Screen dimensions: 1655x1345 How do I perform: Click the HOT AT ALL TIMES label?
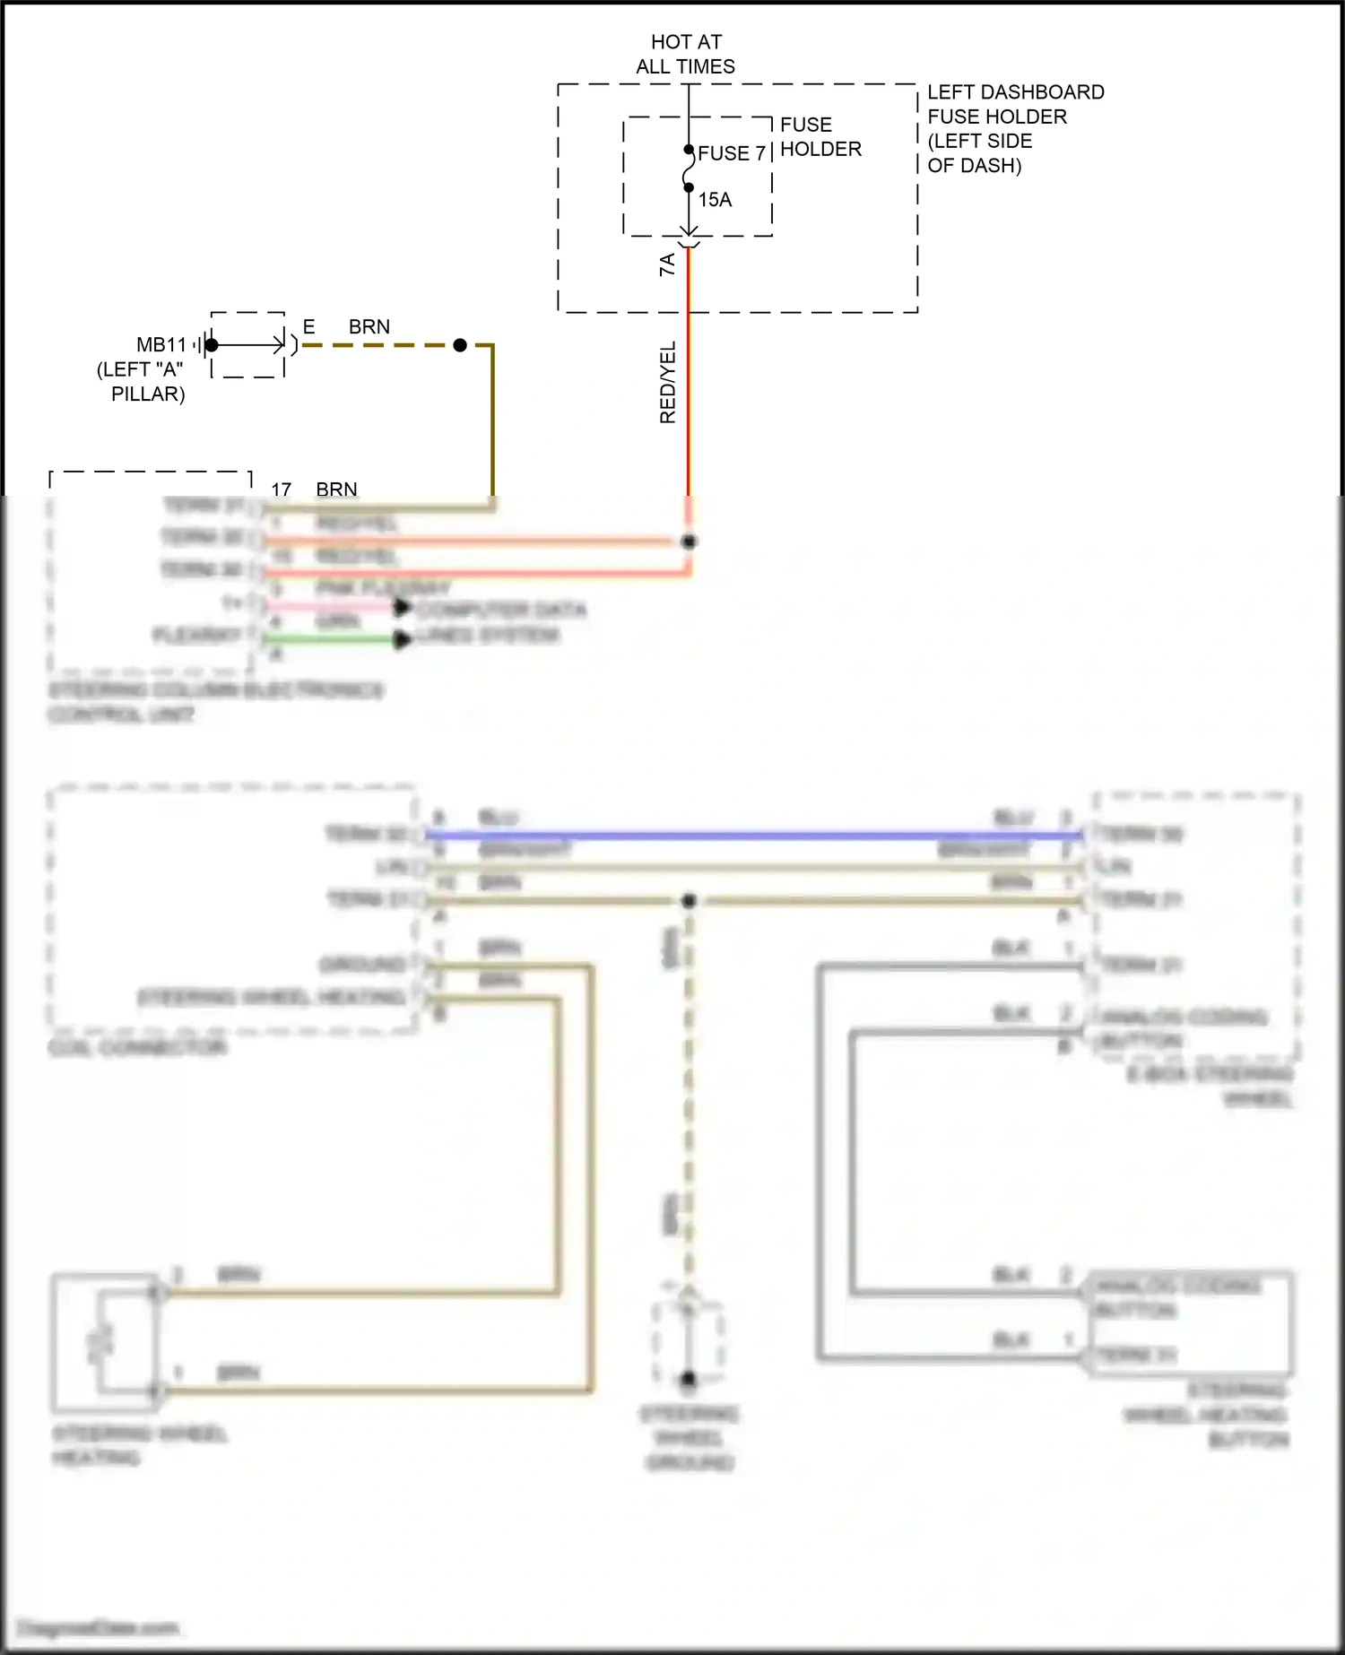coord(686,54)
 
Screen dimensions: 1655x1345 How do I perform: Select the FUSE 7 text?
coord(731,153)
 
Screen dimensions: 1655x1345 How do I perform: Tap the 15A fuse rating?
coord(715,200)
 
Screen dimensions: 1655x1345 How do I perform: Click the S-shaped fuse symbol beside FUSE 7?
coord(688,169)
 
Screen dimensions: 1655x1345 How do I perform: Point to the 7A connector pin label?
coord(667,264)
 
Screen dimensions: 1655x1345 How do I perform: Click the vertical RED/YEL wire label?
coord(668,382)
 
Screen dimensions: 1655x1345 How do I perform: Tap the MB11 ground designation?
coord(161,345)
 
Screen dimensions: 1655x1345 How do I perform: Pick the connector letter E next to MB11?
coord(308,327)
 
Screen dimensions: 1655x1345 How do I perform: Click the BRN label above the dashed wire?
coord(369,327)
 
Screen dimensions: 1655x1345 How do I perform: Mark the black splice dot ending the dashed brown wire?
coord(460,345)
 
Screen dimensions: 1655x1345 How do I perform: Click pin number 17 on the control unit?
coord(282,490)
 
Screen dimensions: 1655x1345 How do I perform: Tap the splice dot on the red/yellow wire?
coord(689,542)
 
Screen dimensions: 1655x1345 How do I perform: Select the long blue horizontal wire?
coord(753,836)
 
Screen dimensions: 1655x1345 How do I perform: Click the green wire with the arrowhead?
coord(332,639)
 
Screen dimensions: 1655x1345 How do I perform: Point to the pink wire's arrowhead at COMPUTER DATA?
coord(403,608)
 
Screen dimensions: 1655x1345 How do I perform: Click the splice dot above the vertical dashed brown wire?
coord(689,900)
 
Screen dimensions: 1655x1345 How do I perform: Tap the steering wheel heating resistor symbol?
coord(100,1341)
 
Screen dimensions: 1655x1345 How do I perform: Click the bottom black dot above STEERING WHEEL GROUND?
coord(689,1379)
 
